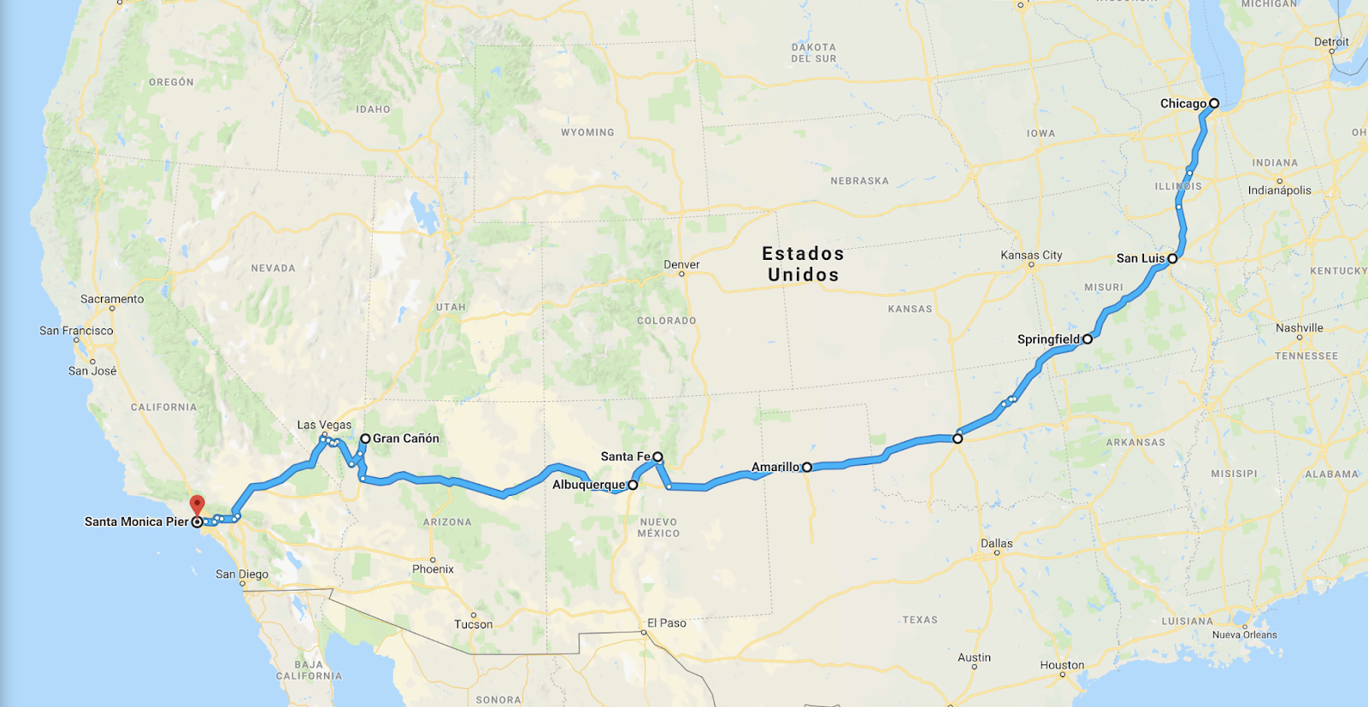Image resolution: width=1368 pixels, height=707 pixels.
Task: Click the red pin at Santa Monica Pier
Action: point(197,504)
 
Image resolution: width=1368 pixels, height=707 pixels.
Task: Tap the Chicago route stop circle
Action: point(1213,103)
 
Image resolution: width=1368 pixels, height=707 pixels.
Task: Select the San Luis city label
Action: point(1140,258)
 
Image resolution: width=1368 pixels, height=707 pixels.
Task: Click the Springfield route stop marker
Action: point(1088,339)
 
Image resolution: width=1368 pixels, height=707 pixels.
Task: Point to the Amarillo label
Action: point(775,467)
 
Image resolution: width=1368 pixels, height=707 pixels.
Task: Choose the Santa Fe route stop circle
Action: point(657,457)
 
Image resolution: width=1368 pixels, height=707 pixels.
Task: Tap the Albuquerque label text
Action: point(588,485)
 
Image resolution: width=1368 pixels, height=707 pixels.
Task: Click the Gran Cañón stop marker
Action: point(365,439)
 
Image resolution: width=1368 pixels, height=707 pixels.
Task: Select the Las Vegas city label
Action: point(324,425)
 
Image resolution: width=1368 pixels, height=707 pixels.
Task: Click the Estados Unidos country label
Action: point(803,264)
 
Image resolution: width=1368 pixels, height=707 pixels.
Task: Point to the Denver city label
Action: point(681,265)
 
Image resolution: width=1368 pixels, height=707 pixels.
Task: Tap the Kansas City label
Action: point(1031,255)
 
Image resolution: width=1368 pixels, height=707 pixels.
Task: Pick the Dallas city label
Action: point(996,544)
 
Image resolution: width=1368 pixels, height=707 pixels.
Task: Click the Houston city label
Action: point(1062,665)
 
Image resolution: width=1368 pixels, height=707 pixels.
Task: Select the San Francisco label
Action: point(76,331)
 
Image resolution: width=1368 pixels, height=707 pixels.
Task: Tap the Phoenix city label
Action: point(433,569)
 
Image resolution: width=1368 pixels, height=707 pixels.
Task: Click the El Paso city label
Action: point(666,623)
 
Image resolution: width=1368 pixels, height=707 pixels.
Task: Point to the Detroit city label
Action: point(1331,42)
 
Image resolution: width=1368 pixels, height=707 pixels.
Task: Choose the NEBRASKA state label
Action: point(859,181)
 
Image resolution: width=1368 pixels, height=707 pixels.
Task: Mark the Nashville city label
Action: point(1299,328)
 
